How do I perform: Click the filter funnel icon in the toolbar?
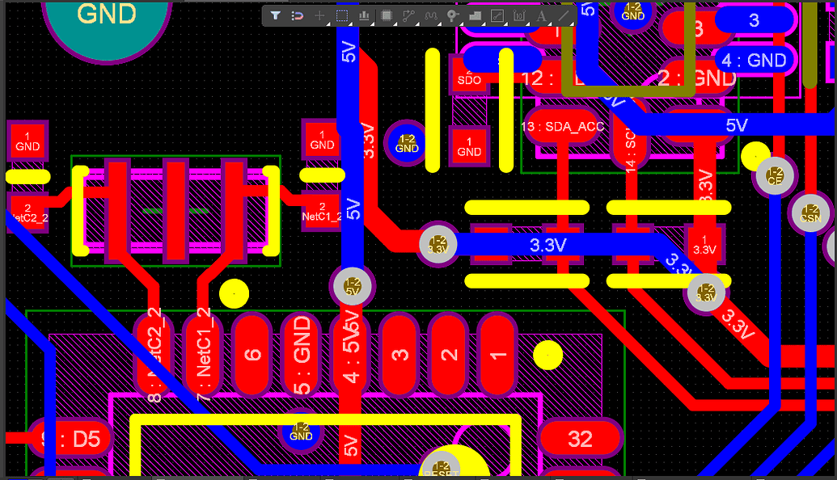[276, 15]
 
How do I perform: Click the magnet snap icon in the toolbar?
[297, 15]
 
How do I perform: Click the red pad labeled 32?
[580, 439]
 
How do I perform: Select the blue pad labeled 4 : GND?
[754, 61]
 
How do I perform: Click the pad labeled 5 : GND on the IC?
[301, 353]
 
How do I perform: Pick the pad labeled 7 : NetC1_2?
[202, 353]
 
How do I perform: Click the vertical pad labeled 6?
[252, 353]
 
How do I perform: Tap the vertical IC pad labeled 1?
[497, 353]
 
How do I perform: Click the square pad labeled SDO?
[469, 75]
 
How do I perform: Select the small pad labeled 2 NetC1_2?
[322, 212]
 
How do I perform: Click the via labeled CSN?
[810, 213]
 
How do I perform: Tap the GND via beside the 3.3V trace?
[406, 142]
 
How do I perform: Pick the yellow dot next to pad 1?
[547, 353]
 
